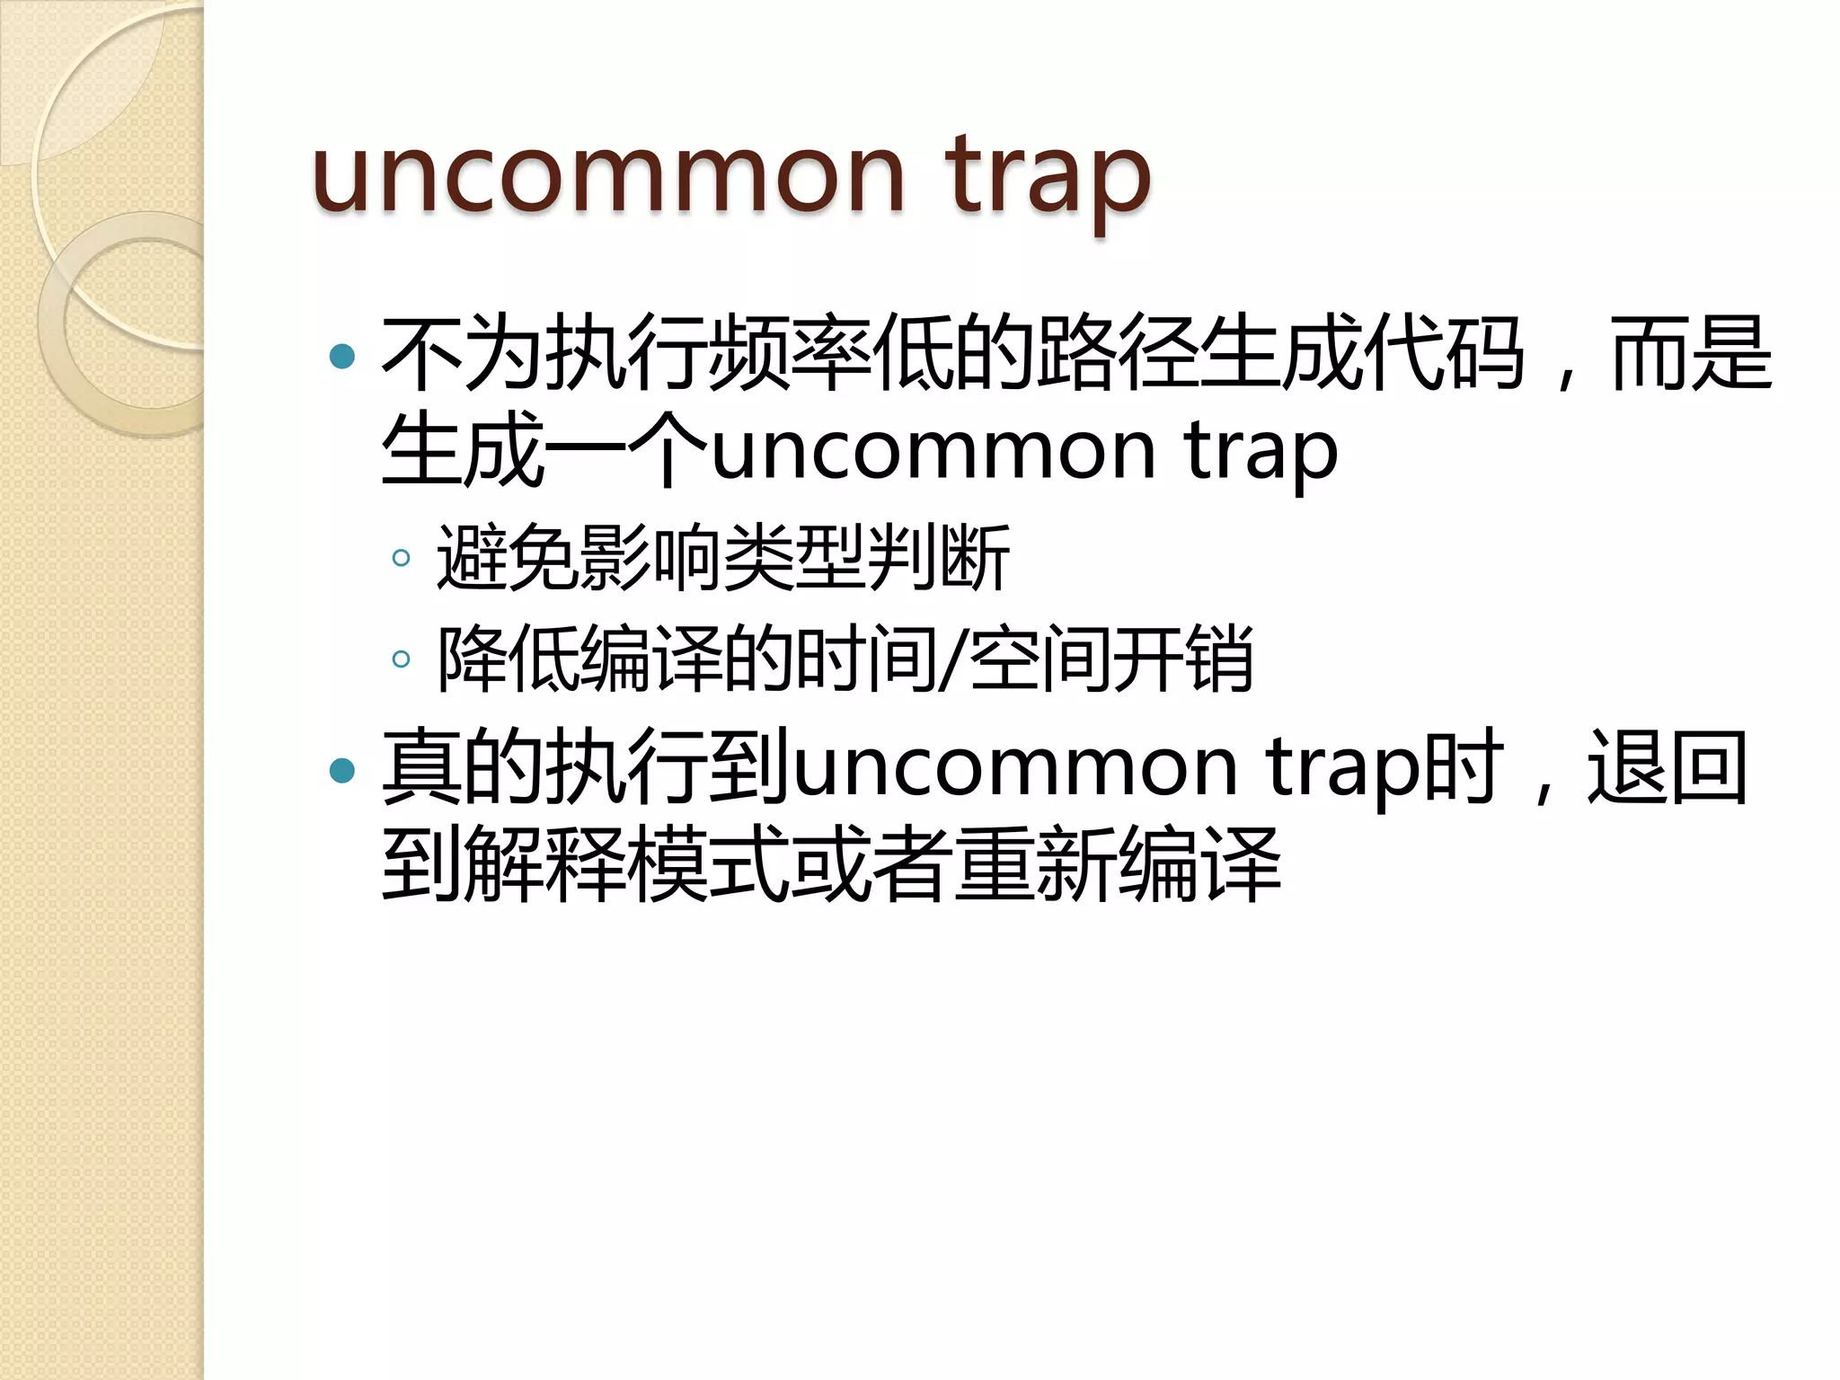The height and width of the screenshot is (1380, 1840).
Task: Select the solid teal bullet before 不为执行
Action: pos(342,357)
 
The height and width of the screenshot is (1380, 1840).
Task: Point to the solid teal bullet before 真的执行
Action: pos(342,770)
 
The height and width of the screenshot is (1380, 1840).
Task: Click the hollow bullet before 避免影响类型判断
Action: pos(402,559)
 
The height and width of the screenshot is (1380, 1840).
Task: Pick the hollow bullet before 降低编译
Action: pos(402,659)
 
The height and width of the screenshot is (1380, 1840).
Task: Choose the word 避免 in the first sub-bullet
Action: pos(508,558)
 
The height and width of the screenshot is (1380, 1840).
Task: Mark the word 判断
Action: pos(939,558)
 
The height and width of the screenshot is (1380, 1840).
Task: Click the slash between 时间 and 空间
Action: pos(951,660)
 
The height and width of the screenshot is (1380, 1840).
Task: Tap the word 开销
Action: pos(1182,660)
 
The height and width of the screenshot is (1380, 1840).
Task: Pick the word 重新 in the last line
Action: pos(1035,864)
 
